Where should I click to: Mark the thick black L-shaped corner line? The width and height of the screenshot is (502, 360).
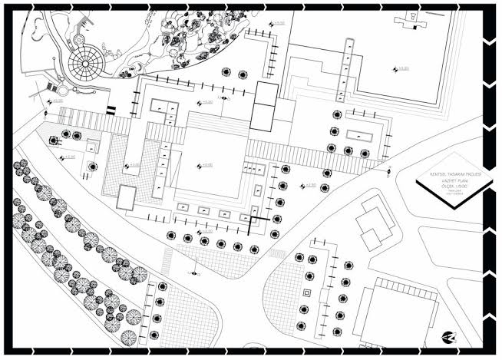(254, 223)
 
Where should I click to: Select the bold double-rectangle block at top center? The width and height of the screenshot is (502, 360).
(265, 107)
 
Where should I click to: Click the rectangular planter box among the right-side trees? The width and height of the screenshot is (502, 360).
(358, 135)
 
